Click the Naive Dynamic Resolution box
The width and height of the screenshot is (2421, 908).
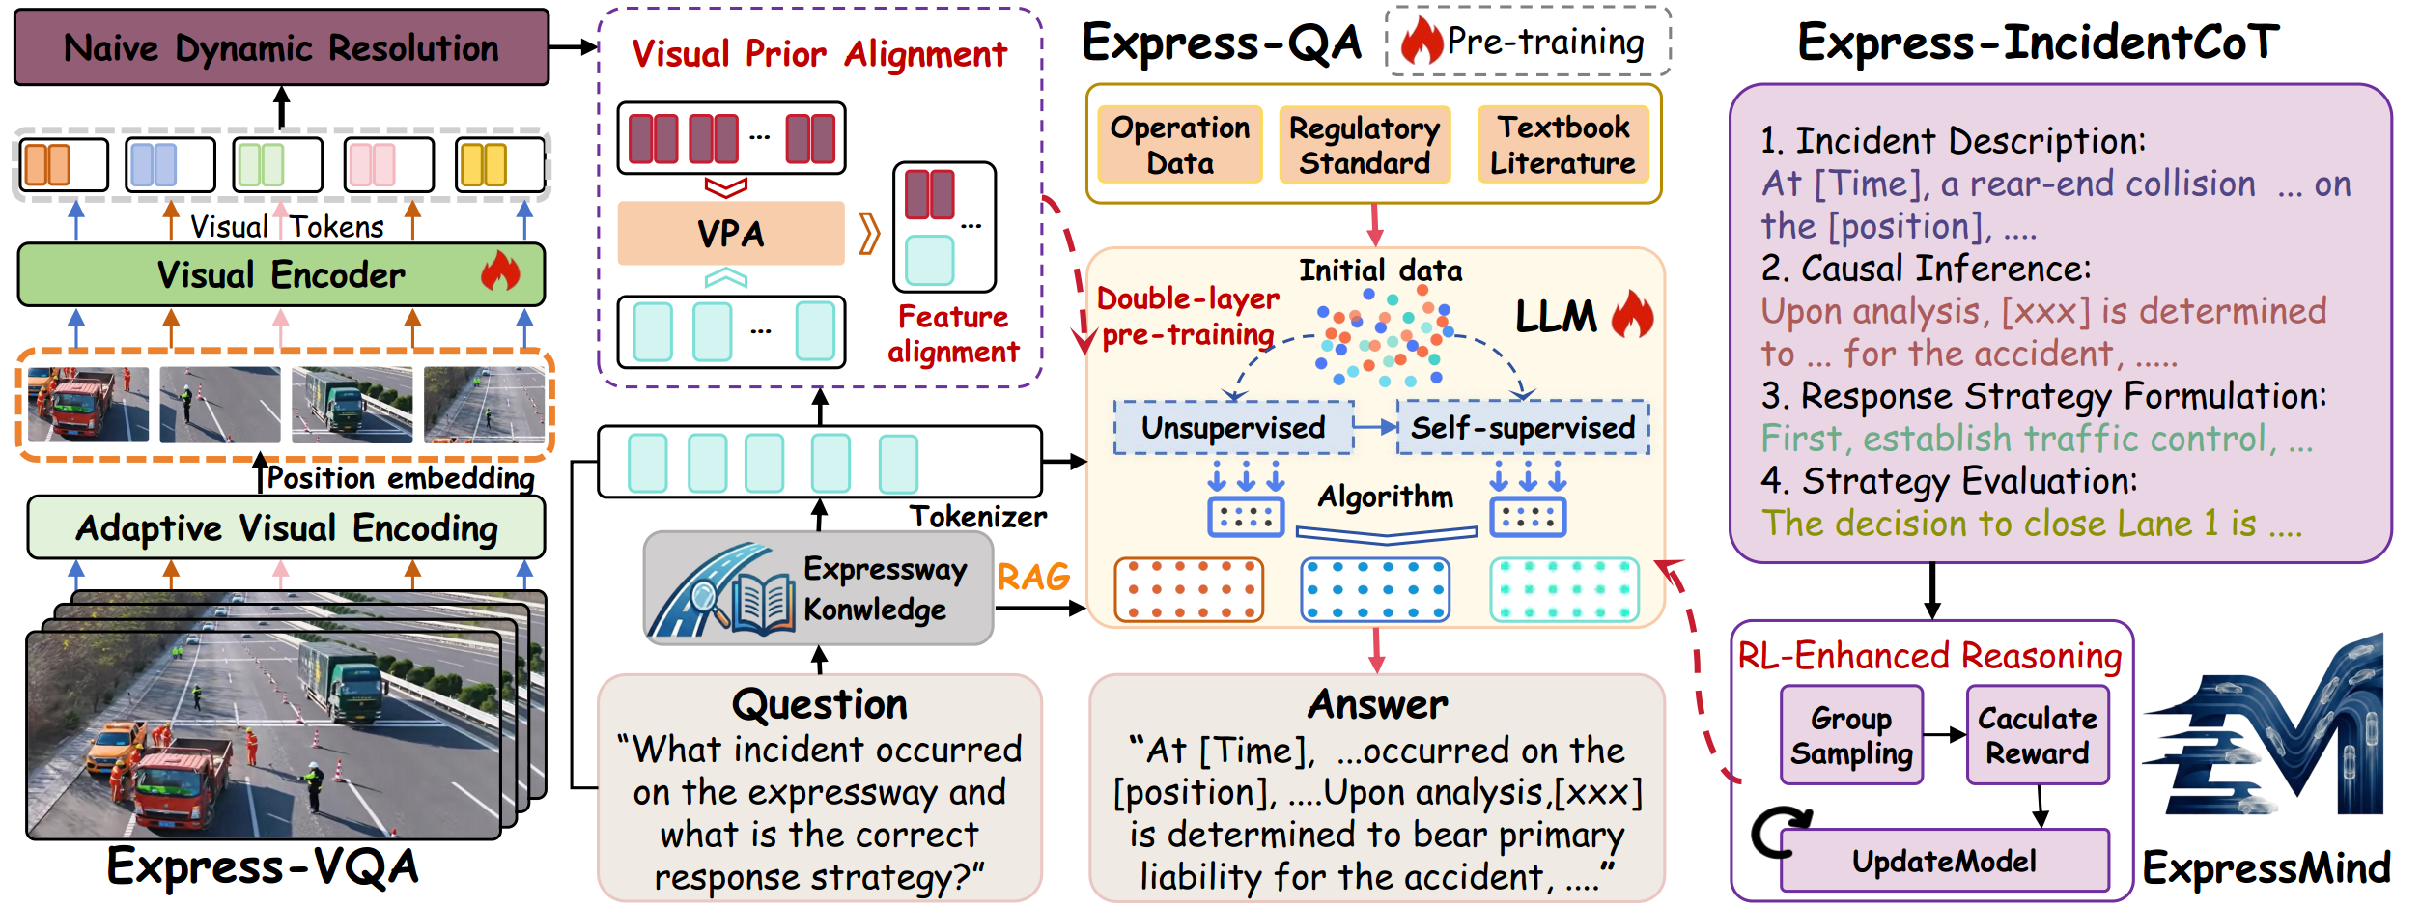click(x=281, y=47)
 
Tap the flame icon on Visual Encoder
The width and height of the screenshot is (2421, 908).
click(x=500, y=272)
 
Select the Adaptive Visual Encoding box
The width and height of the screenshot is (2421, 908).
click(x=286, y=527)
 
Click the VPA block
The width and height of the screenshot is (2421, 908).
click(x=731, y=233)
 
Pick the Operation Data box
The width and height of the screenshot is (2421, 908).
click(x=1180, y=145)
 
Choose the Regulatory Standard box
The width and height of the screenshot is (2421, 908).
click(x=1365, y=145)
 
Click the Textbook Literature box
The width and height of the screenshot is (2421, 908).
click(x=1562, y=145)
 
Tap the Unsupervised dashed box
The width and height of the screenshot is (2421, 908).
click(x=1233, y=427)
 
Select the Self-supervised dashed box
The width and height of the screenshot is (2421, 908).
click(x=1523, y=427)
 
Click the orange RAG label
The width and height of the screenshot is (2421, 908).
click(x=1033, y=577)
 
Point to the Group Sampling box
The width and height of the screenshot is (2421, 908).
click(x=1851, y=735)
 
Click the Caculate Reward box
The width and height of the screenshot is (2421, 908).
click(x=2038, y=735)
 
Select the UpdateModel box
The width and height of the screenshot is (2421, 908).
click(x=1944, y=861)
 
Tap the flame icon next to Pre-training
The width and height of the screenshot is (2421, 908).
click(x=1421, y=42)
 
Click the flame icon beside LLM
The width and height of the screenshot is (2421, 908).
click(x=1632, y=315)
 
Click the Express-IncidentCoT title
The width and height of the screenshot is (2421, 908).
click(x=2038, y=43)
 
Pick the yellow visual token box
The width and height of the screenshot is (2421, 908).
click(x=500, y=164)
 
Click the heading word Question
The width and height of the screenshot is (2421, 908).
click(x=820, y=704)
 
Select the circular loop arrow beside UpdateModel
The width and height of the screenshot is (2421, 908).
click(x=1779, y=832)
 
